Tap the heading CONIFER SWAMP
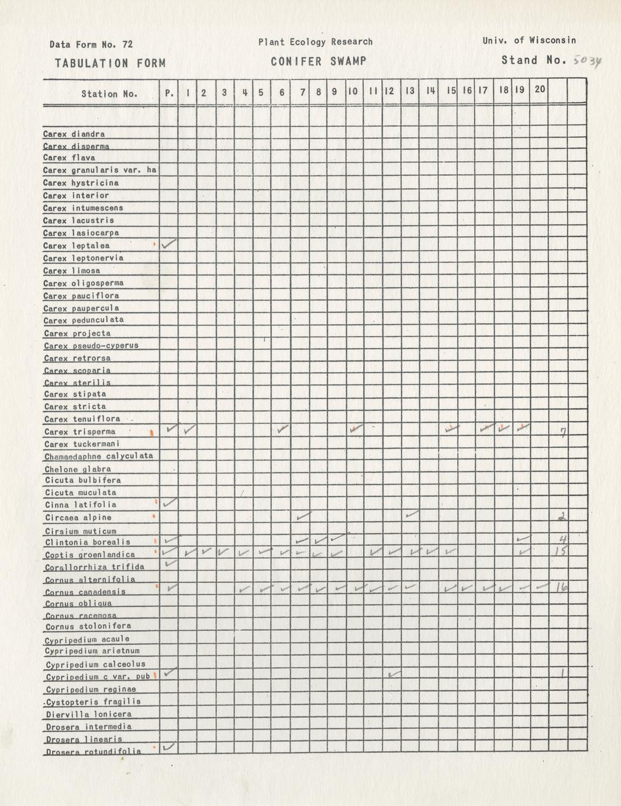click(318, 61)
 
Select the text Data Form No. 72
click(91, 44)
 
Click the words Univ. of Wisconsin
click(529, 40)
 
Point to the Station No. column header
click(109, 93)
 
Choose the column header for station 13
click(410, 91)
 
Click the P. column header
click(170, 92)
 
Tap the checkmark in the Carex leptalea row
click(169, 244)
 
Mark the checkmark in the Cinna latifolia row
click(170, 502)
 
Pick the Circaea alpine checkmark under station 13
click(412, 515)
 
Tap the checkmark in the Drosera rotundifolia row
click(170, 746)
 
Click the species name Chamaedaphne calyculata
click(98, 456)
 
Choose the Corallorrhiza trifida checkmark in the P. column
click(170, 563)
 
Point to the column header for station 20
click(540, 89)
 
